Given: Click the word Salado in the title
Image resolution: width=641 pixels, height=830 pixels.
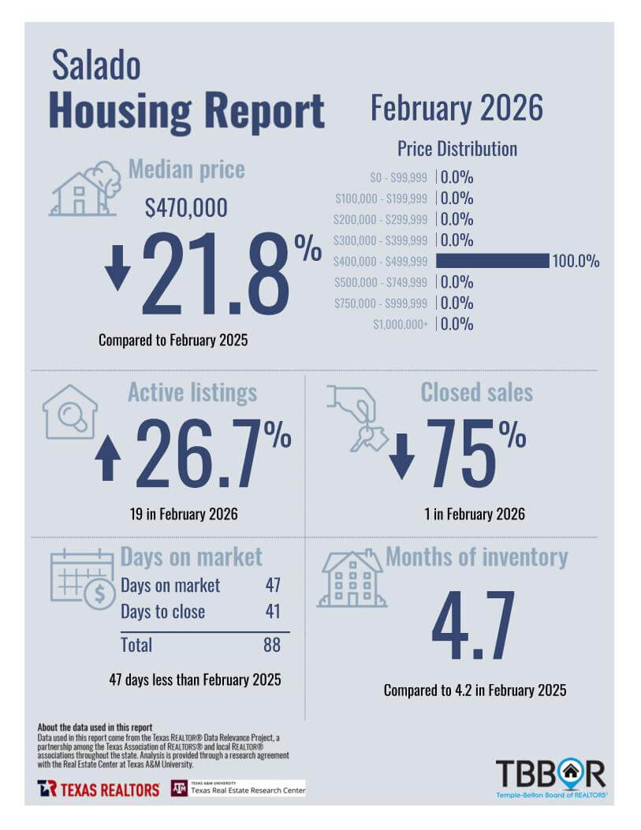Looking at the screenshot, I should tap(96, 65).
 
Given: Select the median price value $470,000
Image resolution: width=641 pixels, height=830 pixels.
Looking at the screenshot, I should tap(186, 207).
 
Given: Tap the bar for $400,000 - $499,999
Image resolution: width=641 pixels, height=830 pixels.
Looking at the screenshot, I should tap(492, 261).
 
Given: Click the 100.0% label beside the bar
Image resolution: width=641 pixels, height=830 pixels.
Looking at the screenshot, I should tap(576, 262).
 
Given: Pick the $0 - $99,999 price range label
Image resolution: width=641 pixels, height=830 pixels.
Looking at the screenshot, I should tap(399, 178).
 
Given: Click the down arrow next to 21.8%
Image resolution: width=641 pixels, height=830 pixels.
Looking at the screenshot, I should tap(117, 268).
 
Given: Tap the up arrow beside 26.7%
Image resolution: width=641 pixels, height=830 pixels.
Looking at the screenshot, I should tap(108, 459).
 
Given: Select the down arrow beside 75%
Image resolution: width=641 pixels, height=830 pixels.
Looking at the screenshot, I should tap(401, 457).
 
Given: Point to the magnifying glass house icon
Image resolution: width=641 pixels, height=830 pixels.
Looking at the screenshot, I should tap(70, 411).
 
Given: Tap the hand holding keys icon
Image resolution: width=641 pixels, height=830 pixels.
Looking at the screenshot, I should tap(357, 418).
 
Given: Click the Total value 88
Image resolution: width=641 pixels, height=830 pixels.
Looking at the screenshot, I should tap(271, 645).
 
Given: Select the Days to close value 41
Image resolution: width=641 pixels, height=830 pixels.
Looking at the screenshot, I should tap(272, 612).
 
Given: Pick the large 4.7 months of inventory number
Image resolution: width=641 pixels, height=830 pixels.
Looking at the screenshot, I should tap(473, 627).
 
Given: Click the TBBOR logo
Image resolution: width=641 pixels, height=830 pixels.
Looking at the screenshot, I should tap(550, 776).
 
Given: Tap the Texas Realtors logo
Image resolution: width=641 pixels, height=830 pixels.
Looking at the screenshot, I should tap(99, 788).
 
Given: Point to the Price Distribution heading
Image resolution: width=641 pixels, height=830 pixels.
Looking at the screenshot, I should tap(457, 149).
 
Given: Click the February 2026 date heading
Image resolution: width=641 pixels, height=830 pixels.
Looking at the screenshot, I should tap(457, 108).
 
